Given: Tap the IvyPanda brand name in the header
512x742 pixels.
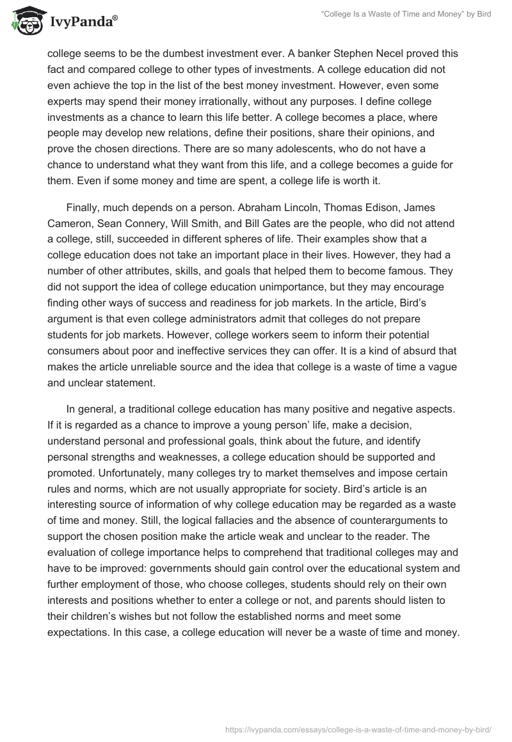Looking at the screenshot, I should [x=83, y=22].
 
